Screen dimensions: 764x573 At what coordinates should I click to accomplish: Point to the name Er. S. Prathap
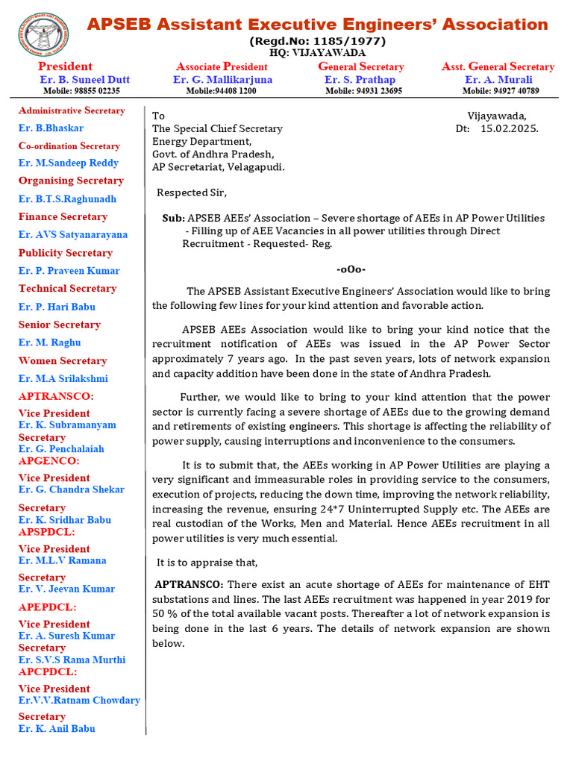click(x=360, y=79)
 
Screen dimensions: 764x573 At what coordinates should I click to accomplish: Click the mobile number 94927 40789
click(x=500, y=91)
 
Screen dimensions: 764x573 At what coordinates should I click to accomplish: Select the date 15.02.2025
click(x=510, y=128)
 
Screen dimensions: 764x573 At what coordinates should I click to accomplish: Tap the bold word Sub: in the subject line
click(x=173, y=218)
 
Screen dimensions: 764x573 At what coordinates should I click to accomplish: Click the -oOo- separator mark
click(x=351, y=269)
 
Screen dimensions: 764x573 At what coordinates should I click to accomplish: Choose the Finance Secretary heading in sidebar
click(x=63, y=216)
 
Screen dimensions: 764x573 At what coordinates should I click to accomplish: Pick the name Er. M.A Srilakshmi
click(x=63, y=378)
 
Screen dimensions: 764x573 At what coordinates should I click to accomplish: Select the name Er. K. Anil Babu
click(x=57, y=728)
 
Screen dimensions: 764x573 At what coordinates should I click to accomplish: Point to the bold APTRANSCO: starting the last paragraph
click(x=189, y=584)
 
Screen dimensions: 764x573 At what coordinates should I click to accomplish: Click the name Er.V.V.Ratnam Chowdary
click(x=79, y=700)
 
